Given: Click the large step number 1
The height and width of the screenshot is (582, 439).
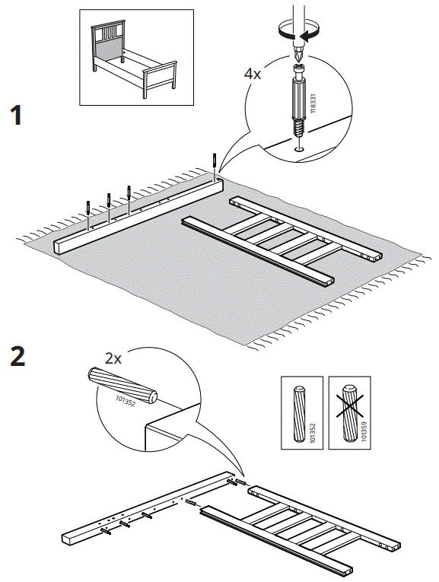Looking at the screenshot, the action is click(x=17, y=115).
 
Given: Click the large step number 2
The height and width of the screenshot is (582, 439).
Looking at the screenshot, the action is click(x=17, y=356).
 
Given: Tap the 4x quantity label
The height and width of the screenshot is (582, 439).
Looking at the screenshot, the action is click(x=253, y=74).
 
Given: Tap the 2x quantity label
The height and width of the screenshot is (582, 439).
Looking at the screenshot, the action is click(x=113, y=358).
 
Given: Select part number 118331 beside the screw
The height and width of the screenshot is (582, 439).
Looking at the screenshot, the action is click(x=313, y=103).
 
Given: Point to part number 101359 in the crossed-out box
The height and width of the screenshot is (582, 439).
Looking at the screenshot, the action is click(x=364, y=431).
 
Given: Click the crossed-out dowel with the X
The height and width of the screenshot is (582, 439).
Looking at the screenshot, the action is click(x=349, y=413).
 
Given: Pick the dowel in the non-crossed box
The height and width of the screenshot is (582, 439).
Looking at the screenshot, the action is click(x=299, y=414).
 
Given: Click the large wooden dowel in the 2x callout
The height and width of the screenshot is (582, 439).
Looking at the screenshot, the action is click(x=122, y=386).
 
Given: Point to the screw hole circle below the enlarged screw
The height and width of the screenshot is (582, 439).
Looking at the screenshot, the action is click(x=299, y=149).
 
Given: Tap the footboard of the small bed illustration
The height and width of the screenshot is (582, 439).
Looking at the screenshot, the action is click(x=161, y=80).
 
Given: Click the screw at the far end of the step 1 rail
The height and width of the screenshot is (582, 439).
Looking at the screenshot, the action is click(x=214, y=161).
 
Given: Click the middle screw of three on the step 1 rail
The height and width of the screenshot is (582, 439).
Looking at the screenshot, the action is click(x=109, y=200).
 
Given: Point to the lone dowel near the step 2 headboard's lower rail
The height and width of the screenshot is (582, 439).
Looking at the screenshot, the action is click(x=192, y=503).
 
